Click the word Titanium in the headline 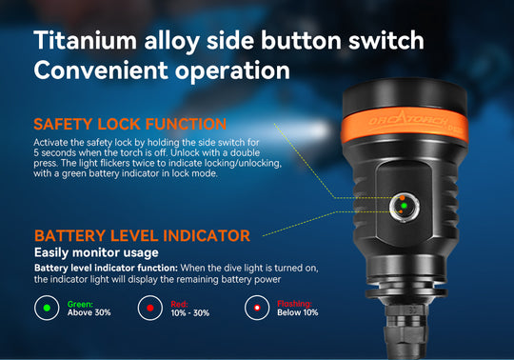(x=86, y=40)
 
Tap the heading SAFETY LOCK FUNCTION (x=129, y=124)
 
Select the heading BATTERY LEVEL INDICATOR (x=142, y=236)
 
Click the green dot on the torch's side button (x=404, y=206)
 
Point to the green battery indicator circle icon (x=47, y=308)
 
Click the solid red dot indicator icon (x=150, y=308)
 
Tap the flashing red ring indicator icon (x=257, y=308)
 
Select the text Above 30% (x=89, y=312)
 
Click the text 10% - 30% (x=190, y=312)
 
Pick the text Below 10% (x=298, y=312)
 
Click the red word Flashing (x=294, y=304)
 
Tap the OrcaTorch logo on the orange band (x=407, y=121)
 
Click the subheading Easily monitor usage (x=96, y=252)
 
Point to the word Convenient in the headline (x=101, y=70)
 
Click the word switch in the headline (x=385, y=40)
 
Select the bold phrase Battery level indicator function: (x=106, y=268)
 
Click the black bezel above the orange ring (x=405, y=96)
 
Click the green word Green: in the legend (x=80, y=304)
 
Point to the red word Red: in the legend (x=179, y=304)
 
